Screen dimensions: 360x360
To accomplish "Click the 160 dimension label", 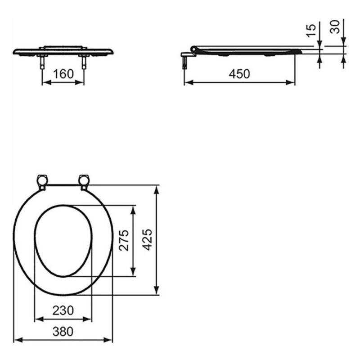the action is [63, 74].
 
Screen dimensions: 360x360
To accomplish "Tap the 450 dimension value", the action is [239, 74].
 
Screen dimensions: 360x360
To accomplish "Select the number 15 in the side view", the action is [311, 30].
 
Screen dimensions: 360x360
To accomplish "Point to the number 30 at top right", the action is [335, 27].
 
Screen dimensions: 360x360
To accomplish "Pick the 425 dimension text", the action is [147, 239].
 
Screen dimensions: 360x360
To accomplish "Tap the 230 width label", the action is [63, 310].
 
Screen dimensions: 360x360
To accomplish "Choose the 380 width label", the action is [63, 332].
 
